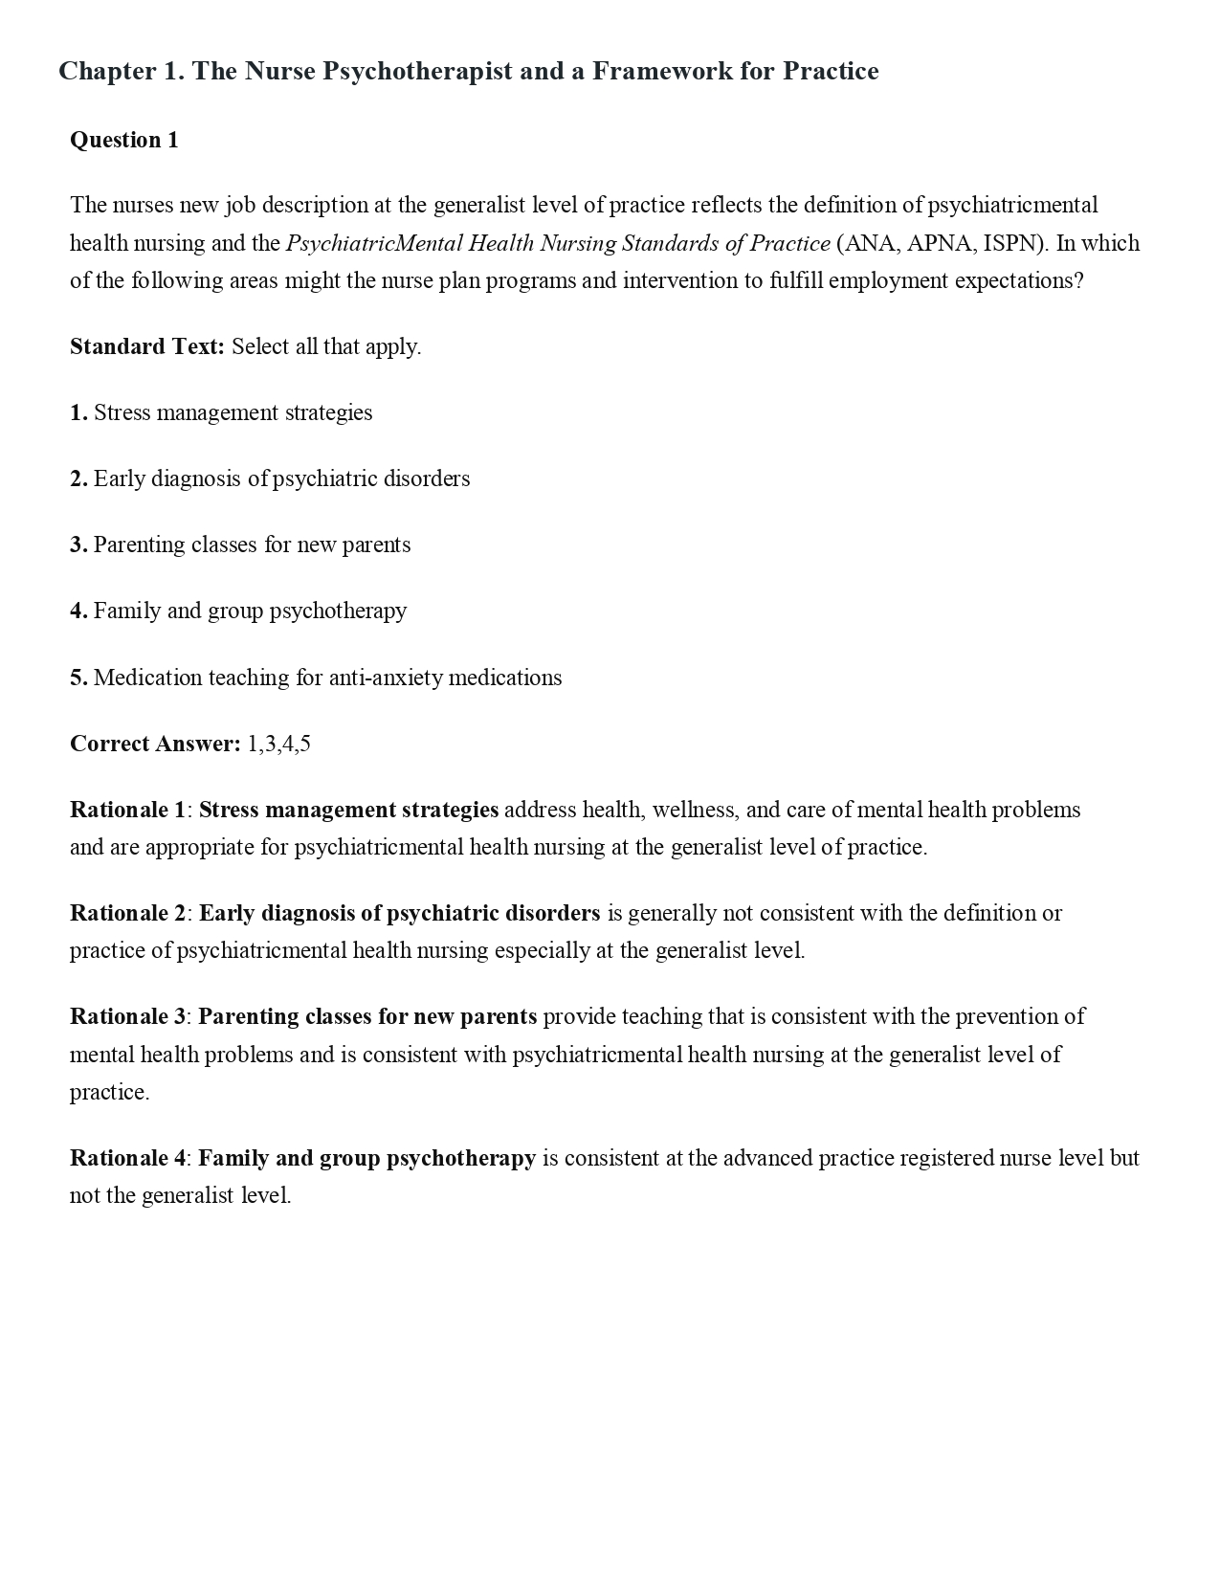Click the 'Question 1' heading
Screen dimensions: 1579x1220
pyautogui.click(x=124, y=140)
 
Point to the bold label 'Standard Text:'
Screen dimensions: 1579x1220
pyautogui.click(x=147, y=346)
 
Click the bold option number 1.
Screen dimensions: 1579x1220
pyautogui.click(x=78, y=412)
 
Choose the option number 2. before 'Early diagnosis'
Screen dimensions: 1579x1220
pyautogui.click(x=78, y=478)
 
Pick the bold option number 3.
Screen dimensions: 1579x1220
pyautogui.click(x=78, y=545)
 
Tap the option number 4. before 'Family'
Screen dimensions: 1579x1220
pyautogui.click(x=78, y=611)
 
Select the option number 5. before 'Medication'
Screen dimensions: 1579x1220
pyautogui.click(x=78, y=678)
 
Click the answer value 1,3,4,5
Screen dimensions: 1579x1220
pyautogui.click(x=279, y=744)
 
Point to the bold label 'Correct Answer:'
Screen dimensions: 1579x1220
pyautogui.click(x=155, y=744)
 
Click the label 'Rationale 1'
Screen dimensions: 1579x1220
pyautogui.click(x=127, y=810)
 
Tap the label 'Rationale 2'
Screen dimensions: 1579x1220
pyautogui.click(x=127, y=913)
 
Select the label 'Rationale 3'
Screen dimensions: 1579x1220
pyautogui.click(x=127, y=1016)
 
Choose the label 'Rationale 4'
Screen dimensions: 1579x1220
pyautogui.click(x=127, y=1158)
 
